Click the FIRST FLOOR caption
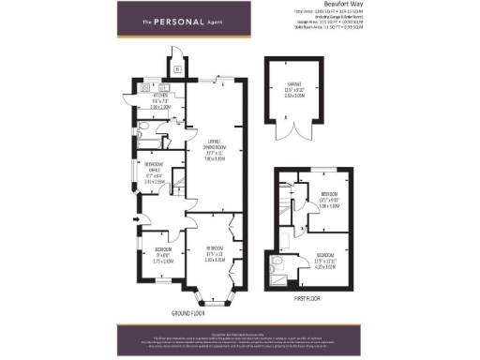[x=306, y=300]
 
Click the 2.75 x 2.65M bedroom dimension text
[x=163, y=261]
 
